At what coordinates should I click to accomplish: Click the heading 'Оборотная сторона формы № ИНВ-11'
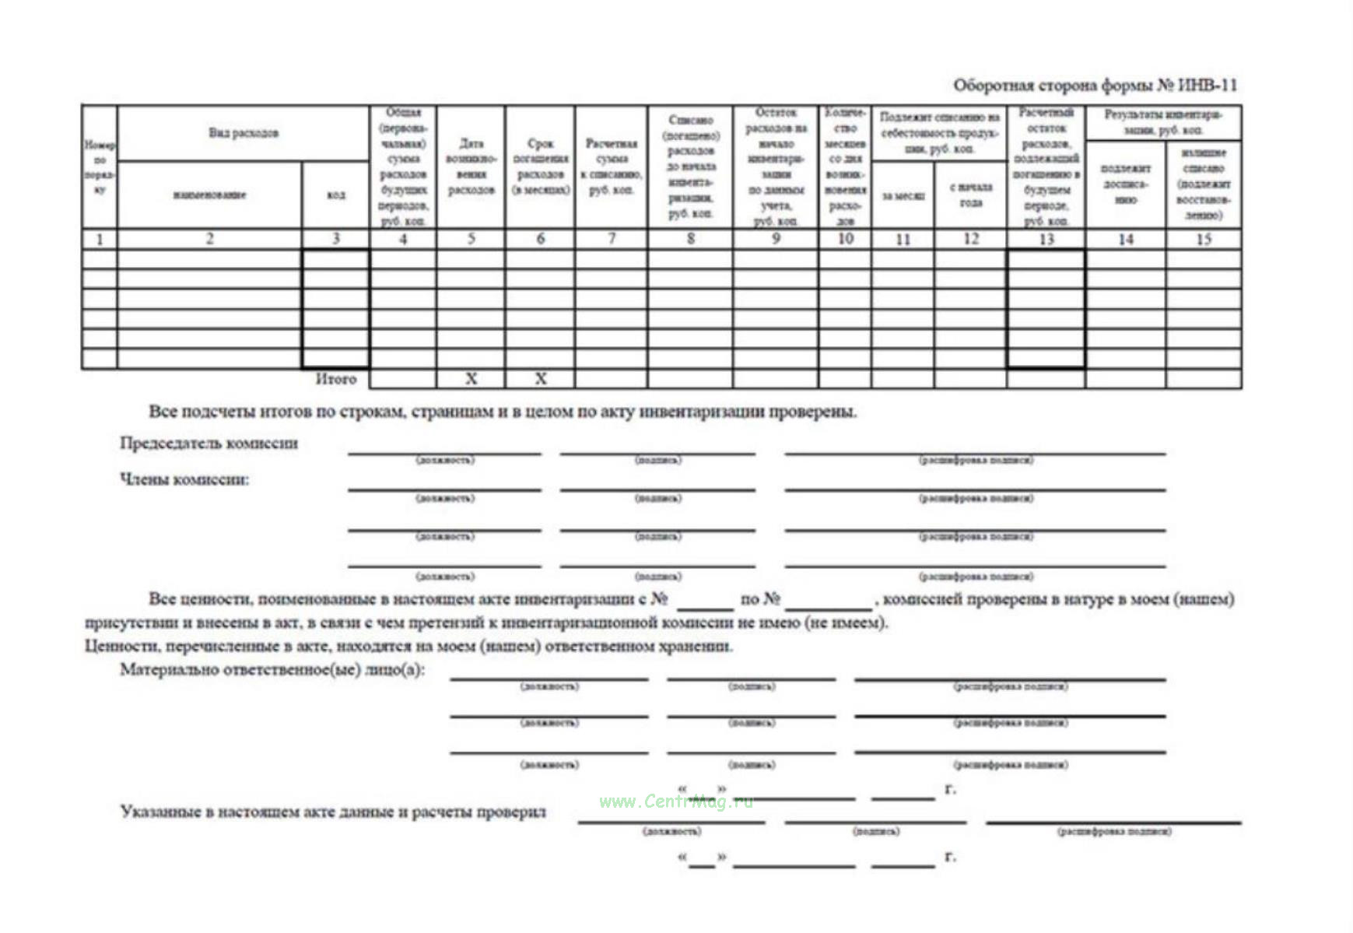(1095, 85)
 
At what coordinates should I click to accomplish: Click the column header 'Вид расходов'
(243, 133)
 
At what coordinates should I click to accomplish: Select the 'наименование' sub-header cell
(209, 195)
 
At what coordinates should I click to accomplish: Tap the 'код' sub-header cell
(335, 195)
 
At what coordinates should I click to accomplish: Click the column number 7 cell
(612, 239)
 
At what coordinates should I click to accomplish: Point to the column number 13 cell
(1046, 239)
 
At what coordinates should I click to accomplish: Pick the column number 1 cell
(100, 239)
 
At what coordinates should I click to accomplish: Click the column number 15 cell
(1204, 239)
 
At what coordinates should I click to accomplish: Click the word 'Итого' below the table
(335, 379)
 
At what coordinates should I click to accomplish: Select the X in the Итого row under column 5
(471, 379)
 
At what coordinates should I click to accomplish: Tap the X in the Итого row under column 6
(541, 379)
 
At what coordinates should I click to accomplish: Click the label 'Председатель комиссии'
(209, 443)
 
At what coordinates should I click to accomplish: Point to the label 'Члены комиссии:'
(184, 479)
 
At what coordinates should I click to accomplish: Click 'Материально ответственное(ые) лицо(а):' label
(272, 670)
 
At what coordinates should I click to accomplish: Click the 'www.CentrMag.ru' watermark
(676, 801)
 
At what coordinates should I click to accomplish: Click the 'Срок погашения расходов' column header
(541, 167)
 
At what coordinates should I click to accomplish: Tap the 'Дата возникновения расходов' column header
(471, 167)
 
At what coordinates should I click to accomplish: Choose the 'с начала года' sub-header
(971, 195)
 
